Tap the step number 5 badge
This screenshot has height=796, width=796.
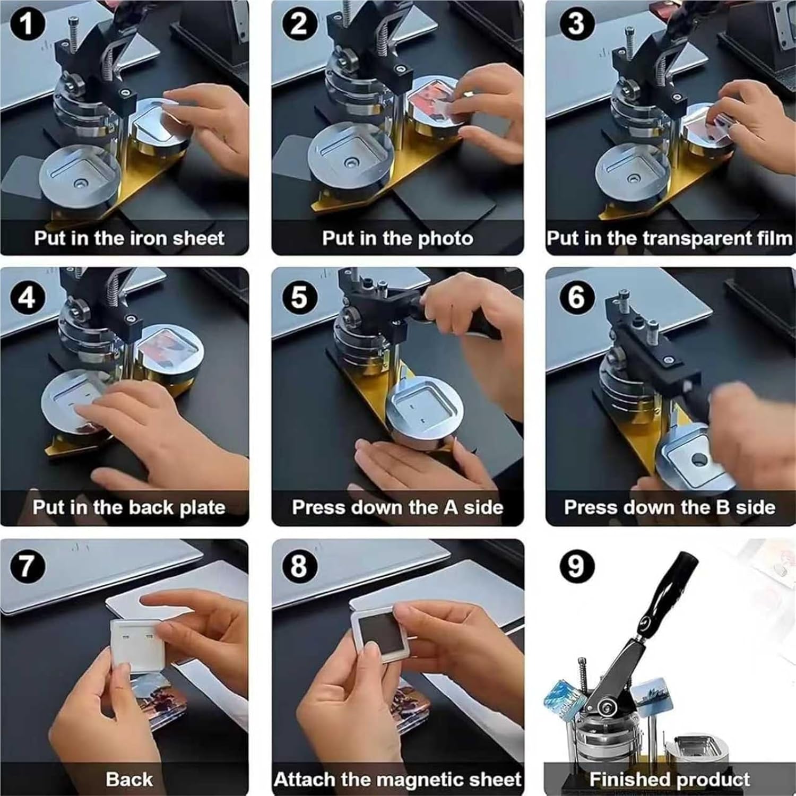pos(299,296)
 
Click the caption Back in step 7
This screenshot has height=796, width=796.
pos(129,780)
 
